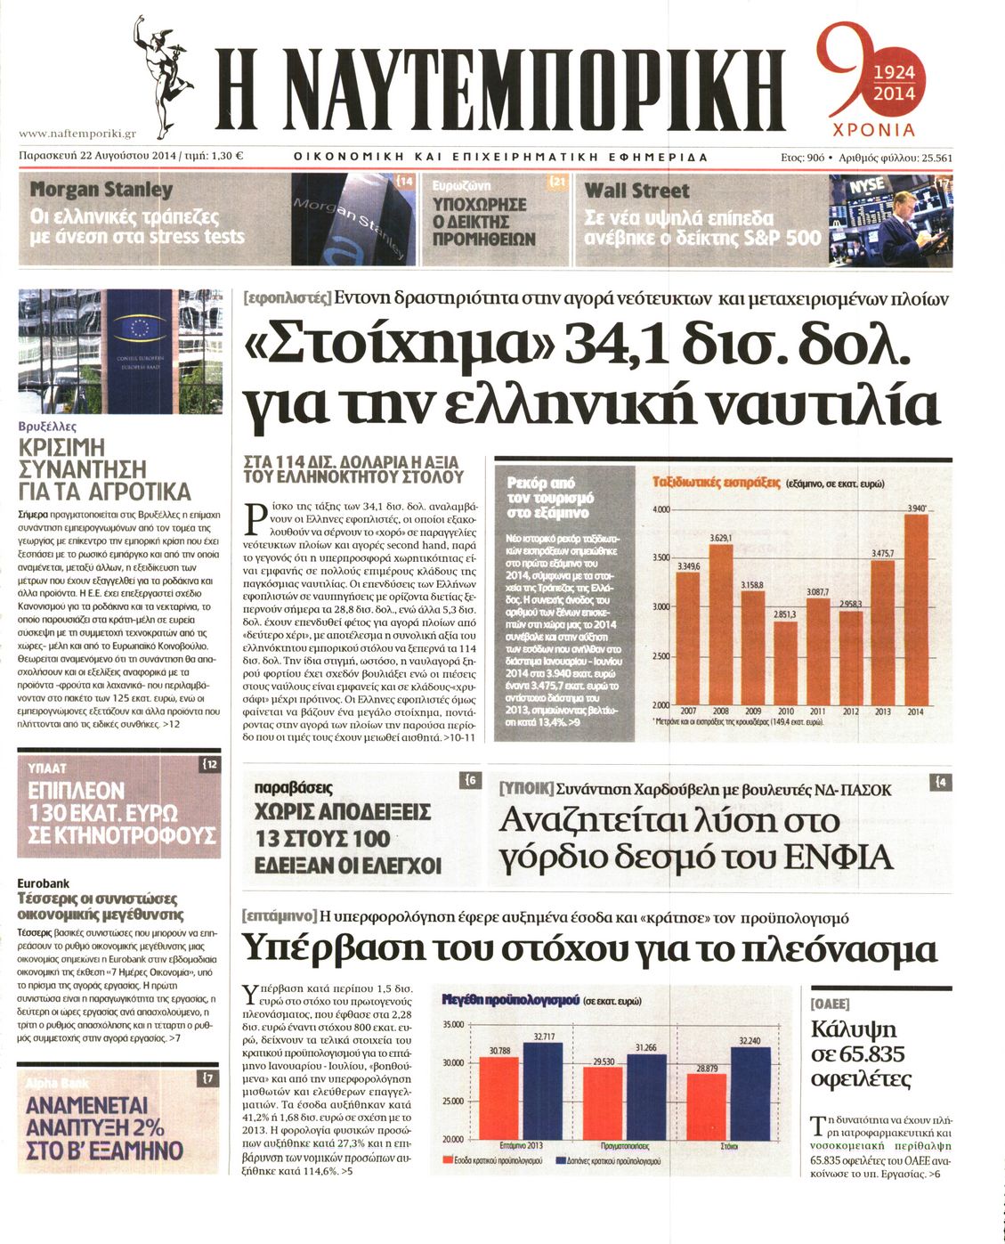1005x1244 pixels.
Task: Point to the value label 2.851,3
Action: point(785,614)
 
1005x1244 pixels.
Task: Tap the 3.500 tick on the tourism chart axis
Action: point(660,557)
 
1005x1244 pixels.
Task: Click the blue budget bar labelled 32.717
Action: point(542,1091)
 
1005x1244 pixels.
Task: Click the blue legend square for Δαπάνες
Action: point(561,1161)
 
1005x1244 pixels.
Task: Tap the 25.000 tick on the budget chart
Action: point(452,1101)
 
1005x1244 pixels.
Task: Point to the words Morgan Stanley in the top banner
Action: point(101,190)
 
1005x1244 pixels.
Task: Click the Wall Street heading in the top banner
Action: point(636,191)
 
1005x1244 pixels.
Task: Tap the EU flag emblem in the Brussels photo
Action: point(142,328)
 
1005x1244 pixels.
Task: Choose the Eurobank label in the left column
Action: point(44,882)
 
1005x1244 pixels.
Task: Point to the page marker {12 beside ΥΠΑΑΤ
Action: point(210,764)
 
